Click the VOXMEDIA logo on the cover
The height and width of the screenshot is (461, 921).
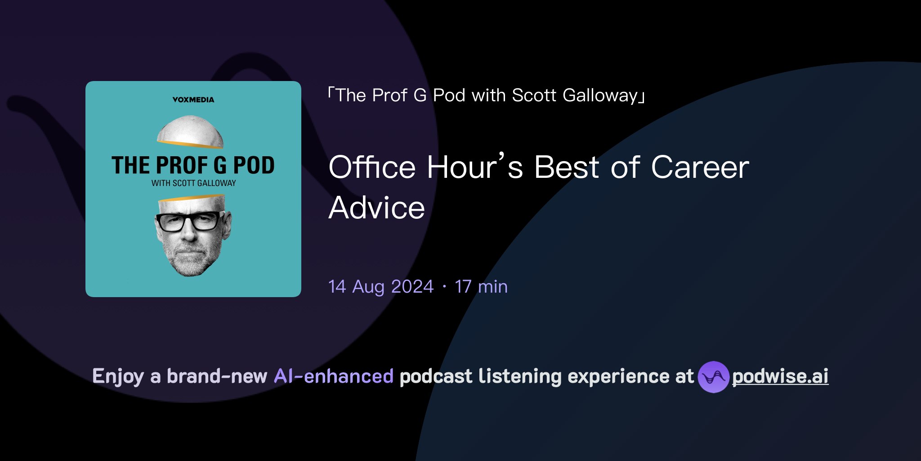pos(193,99)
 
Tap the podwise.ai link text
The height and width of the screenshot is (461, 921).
pos(780,376)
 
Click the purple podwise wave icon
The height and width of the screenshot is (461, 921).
pos(713,377)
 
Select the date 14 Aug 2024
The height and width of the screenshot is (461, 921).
pos(381,287)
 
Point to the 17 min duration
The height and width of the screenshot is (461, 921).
pos(481,287)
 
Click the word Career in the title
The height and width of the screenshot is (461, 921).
pos(700,167)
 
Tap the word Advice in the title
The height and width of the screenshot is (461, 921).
pos(377,208)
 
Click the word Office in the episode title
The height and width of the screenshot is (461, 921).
pos(372,167)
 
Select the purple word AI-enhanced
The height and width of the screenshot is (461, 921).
pos(334,376)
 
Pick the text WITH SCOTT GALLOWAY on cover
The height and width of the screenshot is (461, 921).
pos(193,183)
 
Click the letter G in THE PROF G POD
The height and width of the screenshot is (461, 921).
pos(220,165)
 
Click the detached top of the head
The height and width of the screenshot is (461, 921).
pos(190,131)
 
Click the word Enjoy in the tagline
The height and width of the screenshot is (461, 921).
pos(118,376)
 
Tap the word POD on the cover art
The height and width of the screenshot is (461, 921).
pos(254,165)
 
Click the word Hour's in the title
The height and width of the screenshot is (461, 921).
pos(475,167)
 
